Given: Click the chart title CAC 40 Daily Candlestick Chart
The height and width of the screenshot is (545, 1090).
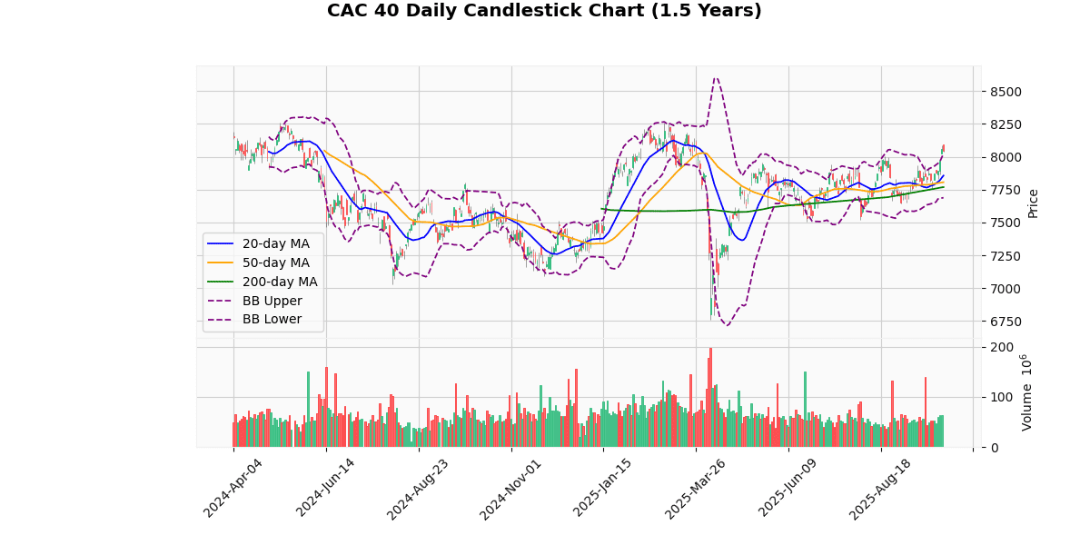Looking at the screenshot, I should point(544,11).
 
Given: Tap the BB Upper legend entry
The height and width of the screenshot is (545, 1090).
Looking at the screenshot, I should point(272,301).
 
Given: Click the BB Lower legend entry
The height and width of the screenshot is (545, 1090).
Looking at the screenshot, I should point(272,320).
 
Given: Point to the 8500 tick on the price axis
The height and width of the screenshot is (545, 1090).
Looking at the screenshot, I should point(1006,92).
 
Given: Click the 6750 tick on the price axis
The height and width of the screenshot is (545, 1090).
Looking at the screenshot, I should point(1006,322).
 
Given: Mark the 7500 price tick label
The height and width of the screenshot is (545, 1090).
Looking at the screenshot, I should point(1006,223).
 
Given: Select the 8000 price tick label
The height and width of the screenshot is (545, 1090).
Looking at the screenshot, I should point(1006,157).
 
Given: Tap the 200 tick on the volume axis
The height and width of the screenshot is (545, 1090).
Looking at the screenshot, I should point(1002,347).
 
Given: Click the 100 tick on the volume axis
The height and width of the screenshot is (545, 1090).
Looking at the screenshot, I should point(1002,397).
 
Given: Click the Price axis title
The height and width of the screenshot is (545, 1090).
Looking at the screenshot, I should point(1033,203).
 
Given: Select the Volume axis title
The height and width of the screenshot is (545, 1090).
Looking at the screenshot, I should point(1027,392).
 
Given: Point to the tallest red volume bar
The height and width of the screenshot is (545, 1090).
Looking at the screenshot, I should point(710,398).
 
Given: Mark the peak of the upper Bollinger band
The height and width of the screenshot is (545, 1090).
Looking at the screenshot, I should point(716,78).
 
